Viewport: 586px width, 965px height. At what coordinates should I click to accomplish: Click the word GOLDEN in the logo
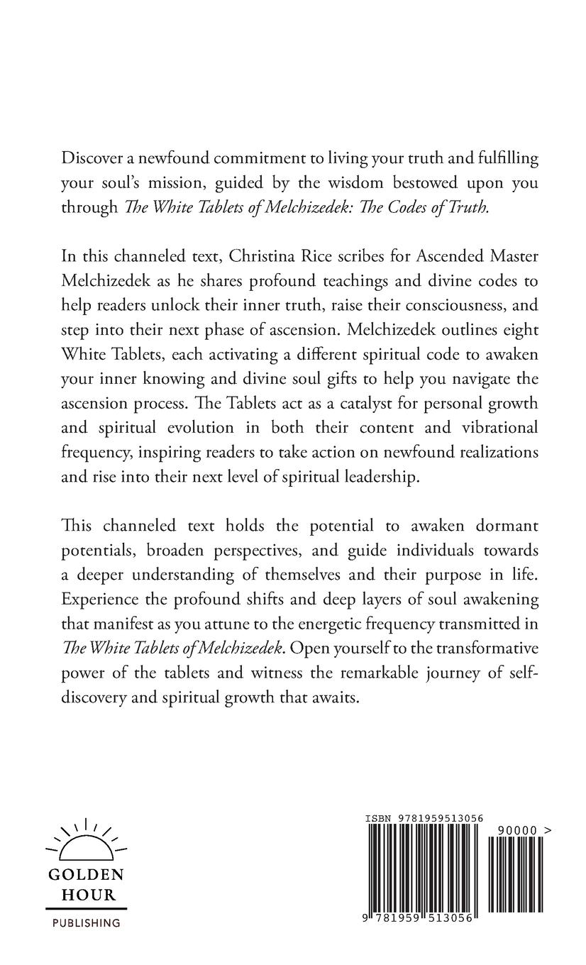point(86,875)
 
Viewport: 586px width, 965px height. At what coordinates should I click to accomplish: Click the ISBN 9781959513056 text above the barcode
point(424,819)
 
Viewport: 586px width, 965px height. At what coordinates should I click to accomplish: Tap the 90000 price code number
point(516,830)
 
